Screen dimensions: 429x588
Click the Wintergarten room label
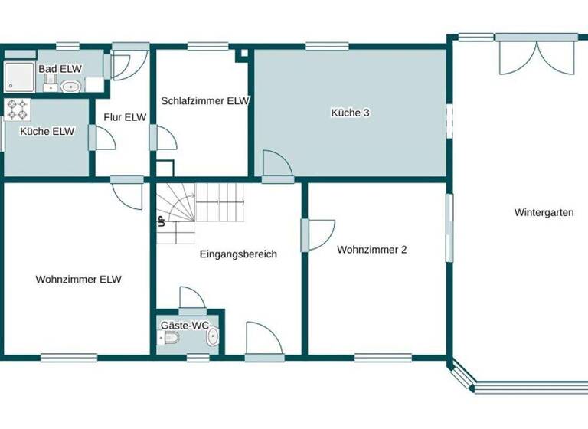(x=544, y=213)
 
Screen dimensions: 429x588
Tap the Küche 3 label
(x=350, y=113)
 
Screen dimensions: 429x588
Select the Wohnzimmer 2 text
(x=371, y=249)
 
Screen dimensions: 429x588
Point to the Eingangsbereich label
(x=238, y=254)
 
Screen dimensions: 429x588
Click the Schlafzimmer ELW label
(x=205, y=100)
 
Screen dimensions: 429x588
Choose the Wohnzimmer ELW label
(x=78, y=280)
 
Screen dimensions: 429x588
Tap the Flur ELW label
(x=125, y=117)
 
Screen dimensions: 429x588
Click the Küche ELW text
(x=47, y=131)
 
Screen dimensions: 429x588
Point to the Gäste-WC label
(x=185, y=326)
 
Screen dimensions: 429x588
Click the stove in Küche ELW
(x=17, y=110)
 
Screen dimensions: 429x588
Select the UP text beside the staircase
(x=162, y=221)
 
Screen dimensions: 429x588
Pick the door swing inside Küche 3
(x=276, y=164)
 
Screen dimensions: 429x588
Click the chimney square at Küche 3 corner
(x=243, y=54)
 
